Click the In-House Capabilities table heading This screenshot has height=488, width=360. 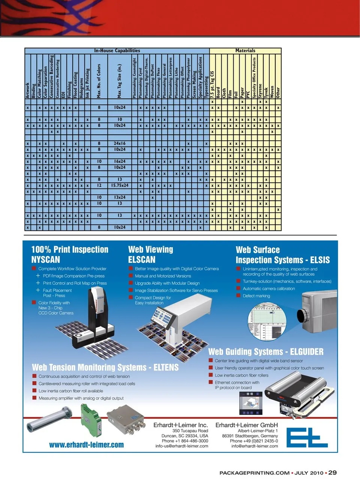click(x=117, y=51)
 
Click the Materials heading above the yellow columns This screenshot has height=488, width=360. click(x=245, y=51)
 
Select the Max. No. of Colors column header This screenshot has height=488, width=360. click(x=99, y=81)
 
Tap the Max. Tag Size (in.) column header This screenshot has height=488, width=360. click(x=120, y=81)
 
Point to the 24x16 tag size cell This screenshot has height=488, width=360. click(x=120, y=143)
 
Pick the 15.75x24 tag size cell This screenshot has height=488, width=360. click(x=120, y=185)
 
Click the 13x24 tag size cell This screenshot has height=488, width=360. click(x=120, y=197)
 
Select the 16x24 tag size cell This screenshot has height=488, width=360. click(x=120, y=161)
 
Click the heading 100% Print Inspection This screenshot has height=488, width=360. click(x=70, y=250)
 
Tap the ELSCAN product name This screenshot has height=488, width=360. click(x=142, y=260)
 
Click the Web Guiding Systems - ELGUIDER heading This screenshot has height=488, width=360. click(x=266, y=352)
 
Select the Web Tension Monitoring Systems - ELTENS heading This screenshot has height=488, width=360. click(x=105, y=368)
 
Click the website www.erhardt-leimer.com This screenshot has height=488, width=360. click(x=86, y=445)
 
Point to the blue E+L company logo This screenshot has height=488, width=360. click(x=307, y=438)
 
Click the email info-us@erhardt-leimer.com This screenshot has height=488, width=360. click(x=182, y=446)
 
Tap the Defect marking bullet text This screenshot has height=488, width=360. click(x=256, y=296)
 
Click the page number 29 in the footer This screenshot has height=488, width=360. click(x=332, y=473)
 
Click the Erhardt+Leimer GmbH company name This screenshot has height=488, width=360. click(x=246, y=425)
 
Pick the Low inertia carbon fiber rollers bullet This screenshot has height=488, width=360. click(x=241, y=375)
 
